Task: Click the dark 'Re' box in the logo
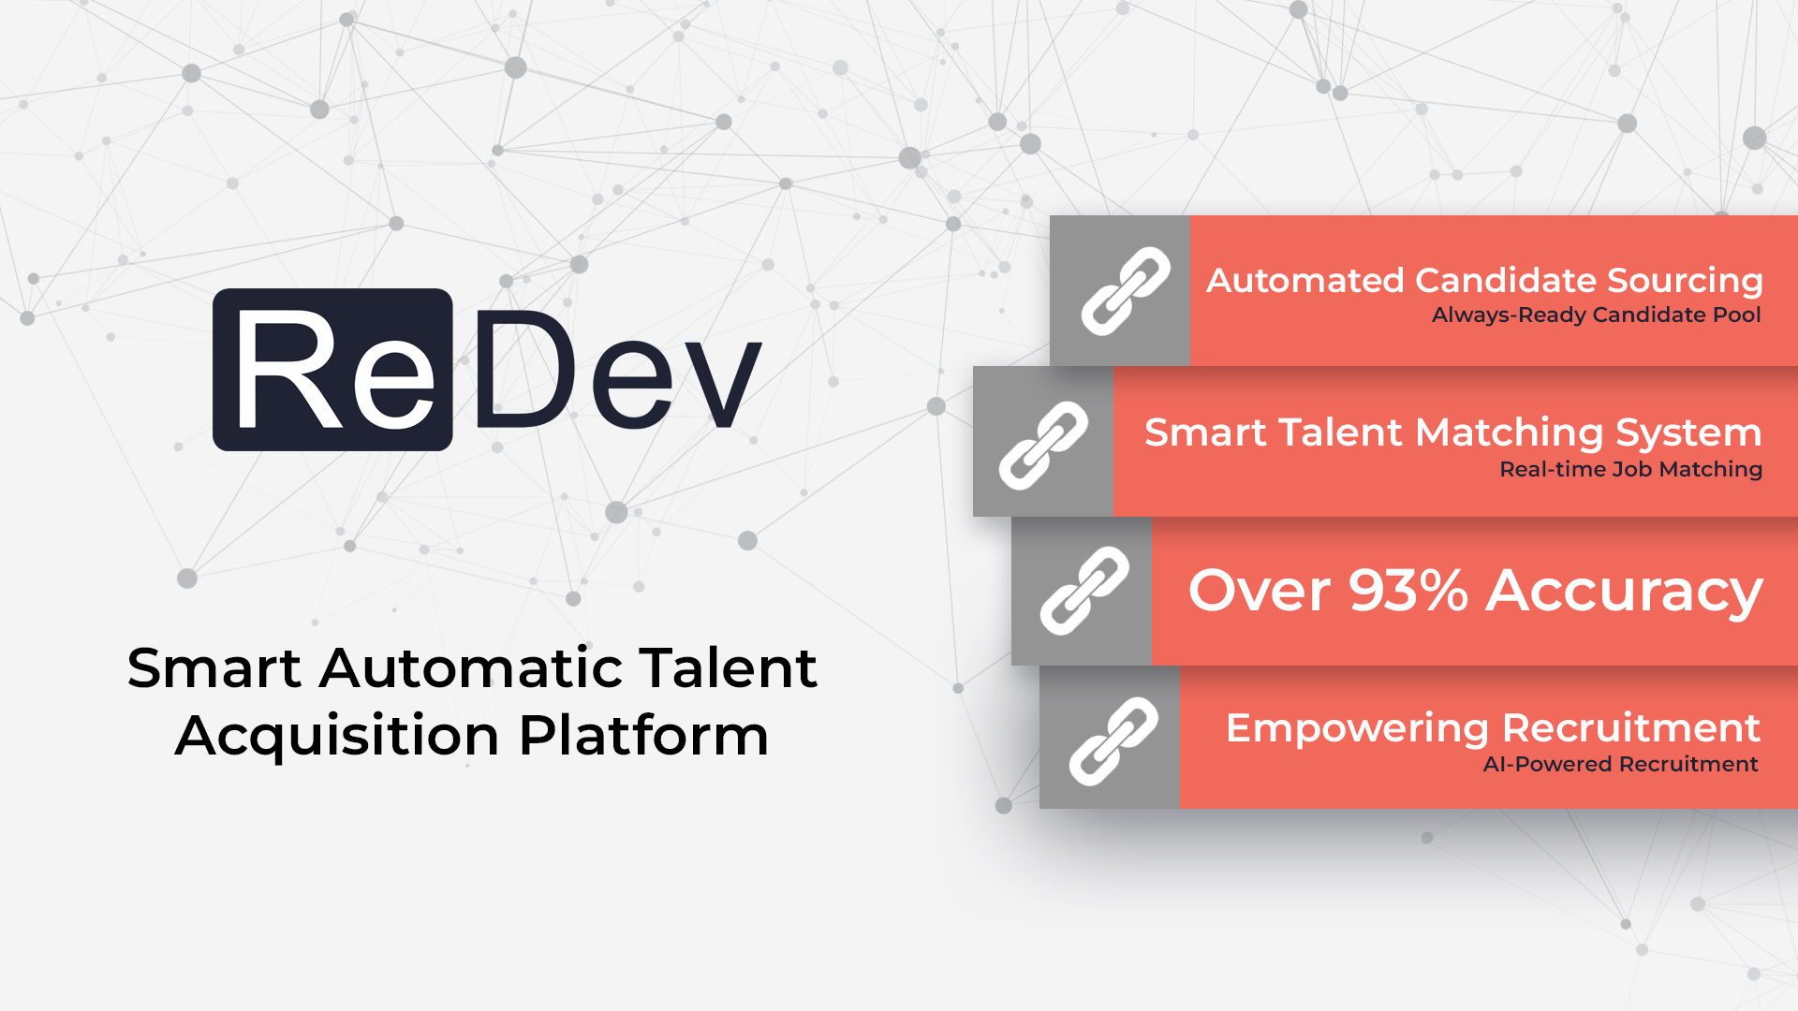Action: (x=332, y=370)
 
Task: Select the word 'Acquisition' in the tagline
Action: (x=337, y=737)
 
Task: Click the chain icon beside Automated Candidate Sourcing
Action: (x=1126, y=291)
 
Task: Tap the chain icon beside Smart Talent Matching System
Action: (x=1043, y=446)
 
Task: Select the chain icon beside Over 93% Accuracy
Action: (x=1084, y=591)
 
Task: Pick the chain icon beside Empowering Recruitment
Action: (x=1113, y=741)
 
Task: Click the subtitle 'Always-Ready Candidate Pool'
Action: (x=1597, y=315)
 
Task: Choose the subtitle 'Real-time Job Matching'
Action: (x=1631, y=469)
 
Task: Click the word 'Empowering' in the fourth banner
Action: (x=1358, y=729)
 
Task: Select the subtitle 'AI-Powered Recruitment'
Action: (x=1621, y=764)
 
